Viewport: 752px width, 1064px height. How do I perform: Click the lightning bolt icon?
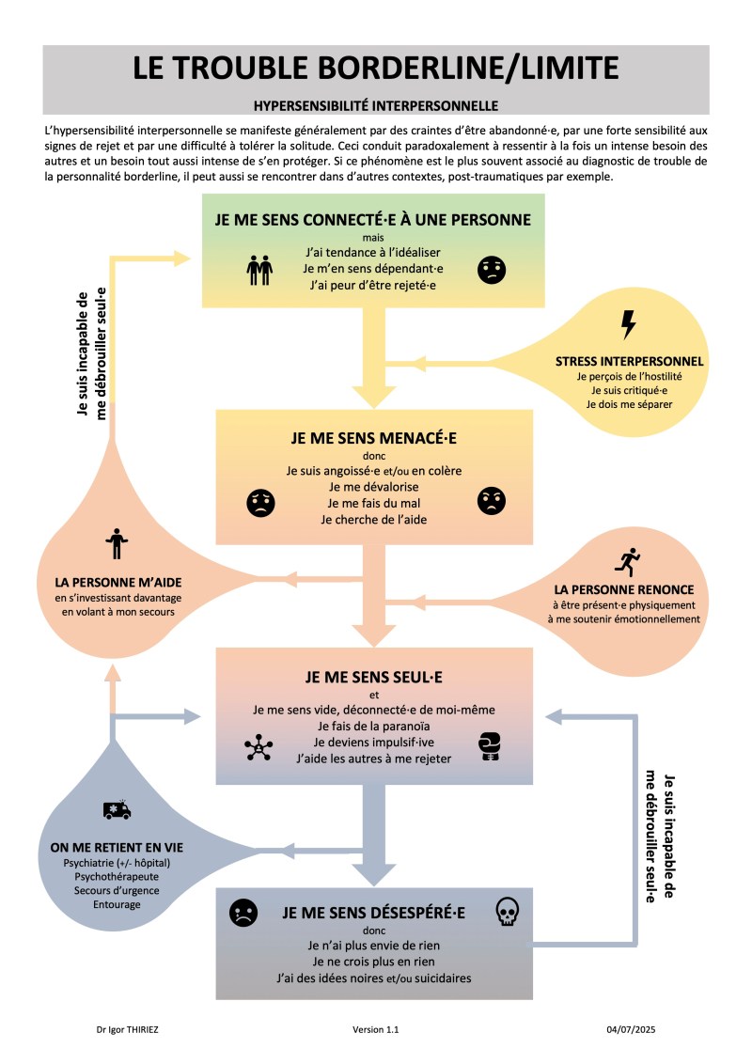pos(629,324)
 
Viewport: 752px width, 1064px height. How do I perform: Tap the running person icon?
pos(627,562)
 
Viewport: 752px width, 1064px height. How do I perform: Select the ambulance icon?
pos(117,809)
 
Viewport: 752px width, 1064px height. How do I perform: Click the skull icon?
pos(507,911)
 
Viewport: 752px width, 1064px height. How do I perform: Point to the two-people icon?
pos(259,270)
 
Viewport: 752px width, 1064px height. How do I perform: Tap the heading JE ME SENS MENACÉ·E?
pos(373,438)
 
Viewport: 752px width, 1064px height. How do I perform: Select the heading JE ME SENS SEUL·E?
pos(373,676)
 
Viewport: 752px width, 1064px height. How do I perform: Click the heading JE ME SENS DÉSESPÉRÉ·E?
pos(374,912)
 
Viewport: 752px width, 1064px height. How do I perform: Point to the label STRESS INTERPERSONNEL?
pos(629,361)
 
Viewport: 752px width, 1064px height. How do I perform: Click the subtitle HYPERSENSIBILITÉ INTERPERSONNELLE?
pos(375,105)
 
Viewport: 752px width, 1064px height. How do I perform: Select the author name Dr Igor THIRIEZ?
pos(127,1030)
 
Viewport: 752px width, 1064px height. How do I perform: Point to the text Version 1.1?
pos(376,1030)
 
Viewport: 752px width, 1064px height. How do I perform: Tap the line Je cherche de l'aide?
pos(373,519)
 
